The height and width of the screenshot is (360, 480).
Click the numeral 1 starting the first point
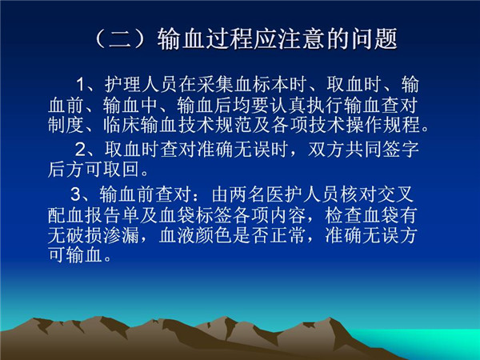80,85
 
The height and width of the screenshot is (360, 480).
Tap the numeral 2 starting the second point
81,150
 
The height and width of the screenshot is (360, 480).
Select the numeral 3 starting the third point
76,194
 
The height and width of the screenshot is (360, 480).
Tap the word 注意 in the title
300,39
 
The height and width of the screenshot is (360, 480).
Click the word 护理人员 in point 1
141,85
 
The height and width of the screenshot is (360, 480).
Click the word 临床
122,125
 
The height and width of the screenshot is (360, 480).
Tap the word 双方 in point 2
326,150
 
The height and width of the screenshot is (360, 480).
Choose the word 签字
400,150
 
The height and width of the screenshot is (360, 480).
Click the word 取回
122,170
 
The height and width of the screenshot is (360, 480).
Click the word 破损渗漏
103,235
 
